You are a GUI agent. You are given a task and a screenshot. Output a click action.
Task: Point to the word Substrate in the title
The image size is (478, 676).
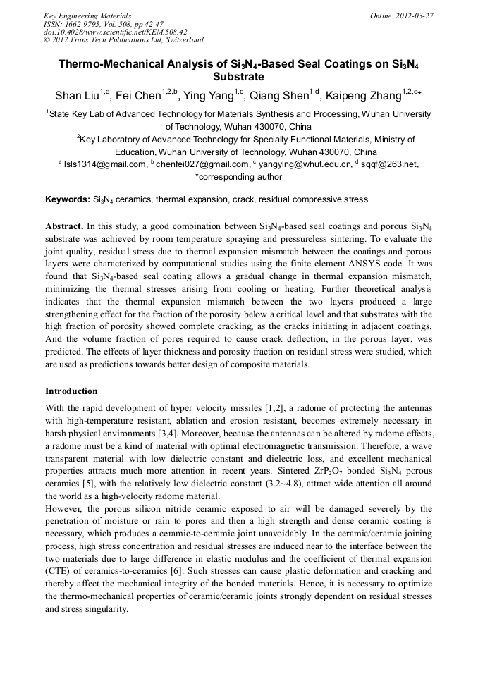pyautogui.click(x=238, y=76)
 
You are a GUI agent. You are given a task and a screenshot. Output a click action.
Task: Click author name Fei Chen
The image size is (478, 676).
pyautogui.click(x=136, y=96)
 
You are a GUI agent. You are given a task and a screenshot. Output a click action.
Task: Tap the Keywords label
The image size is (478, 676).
pyautogui.click(x=68, y=199)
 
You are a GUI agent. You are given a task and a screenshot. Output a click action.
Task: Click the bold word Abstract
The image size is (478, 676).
pyautogui.click(x=65, y=226)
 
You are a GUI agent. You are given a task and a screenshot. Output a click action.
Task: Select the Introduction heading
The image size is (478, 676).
pyautogui.click(x=71, y=391)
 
